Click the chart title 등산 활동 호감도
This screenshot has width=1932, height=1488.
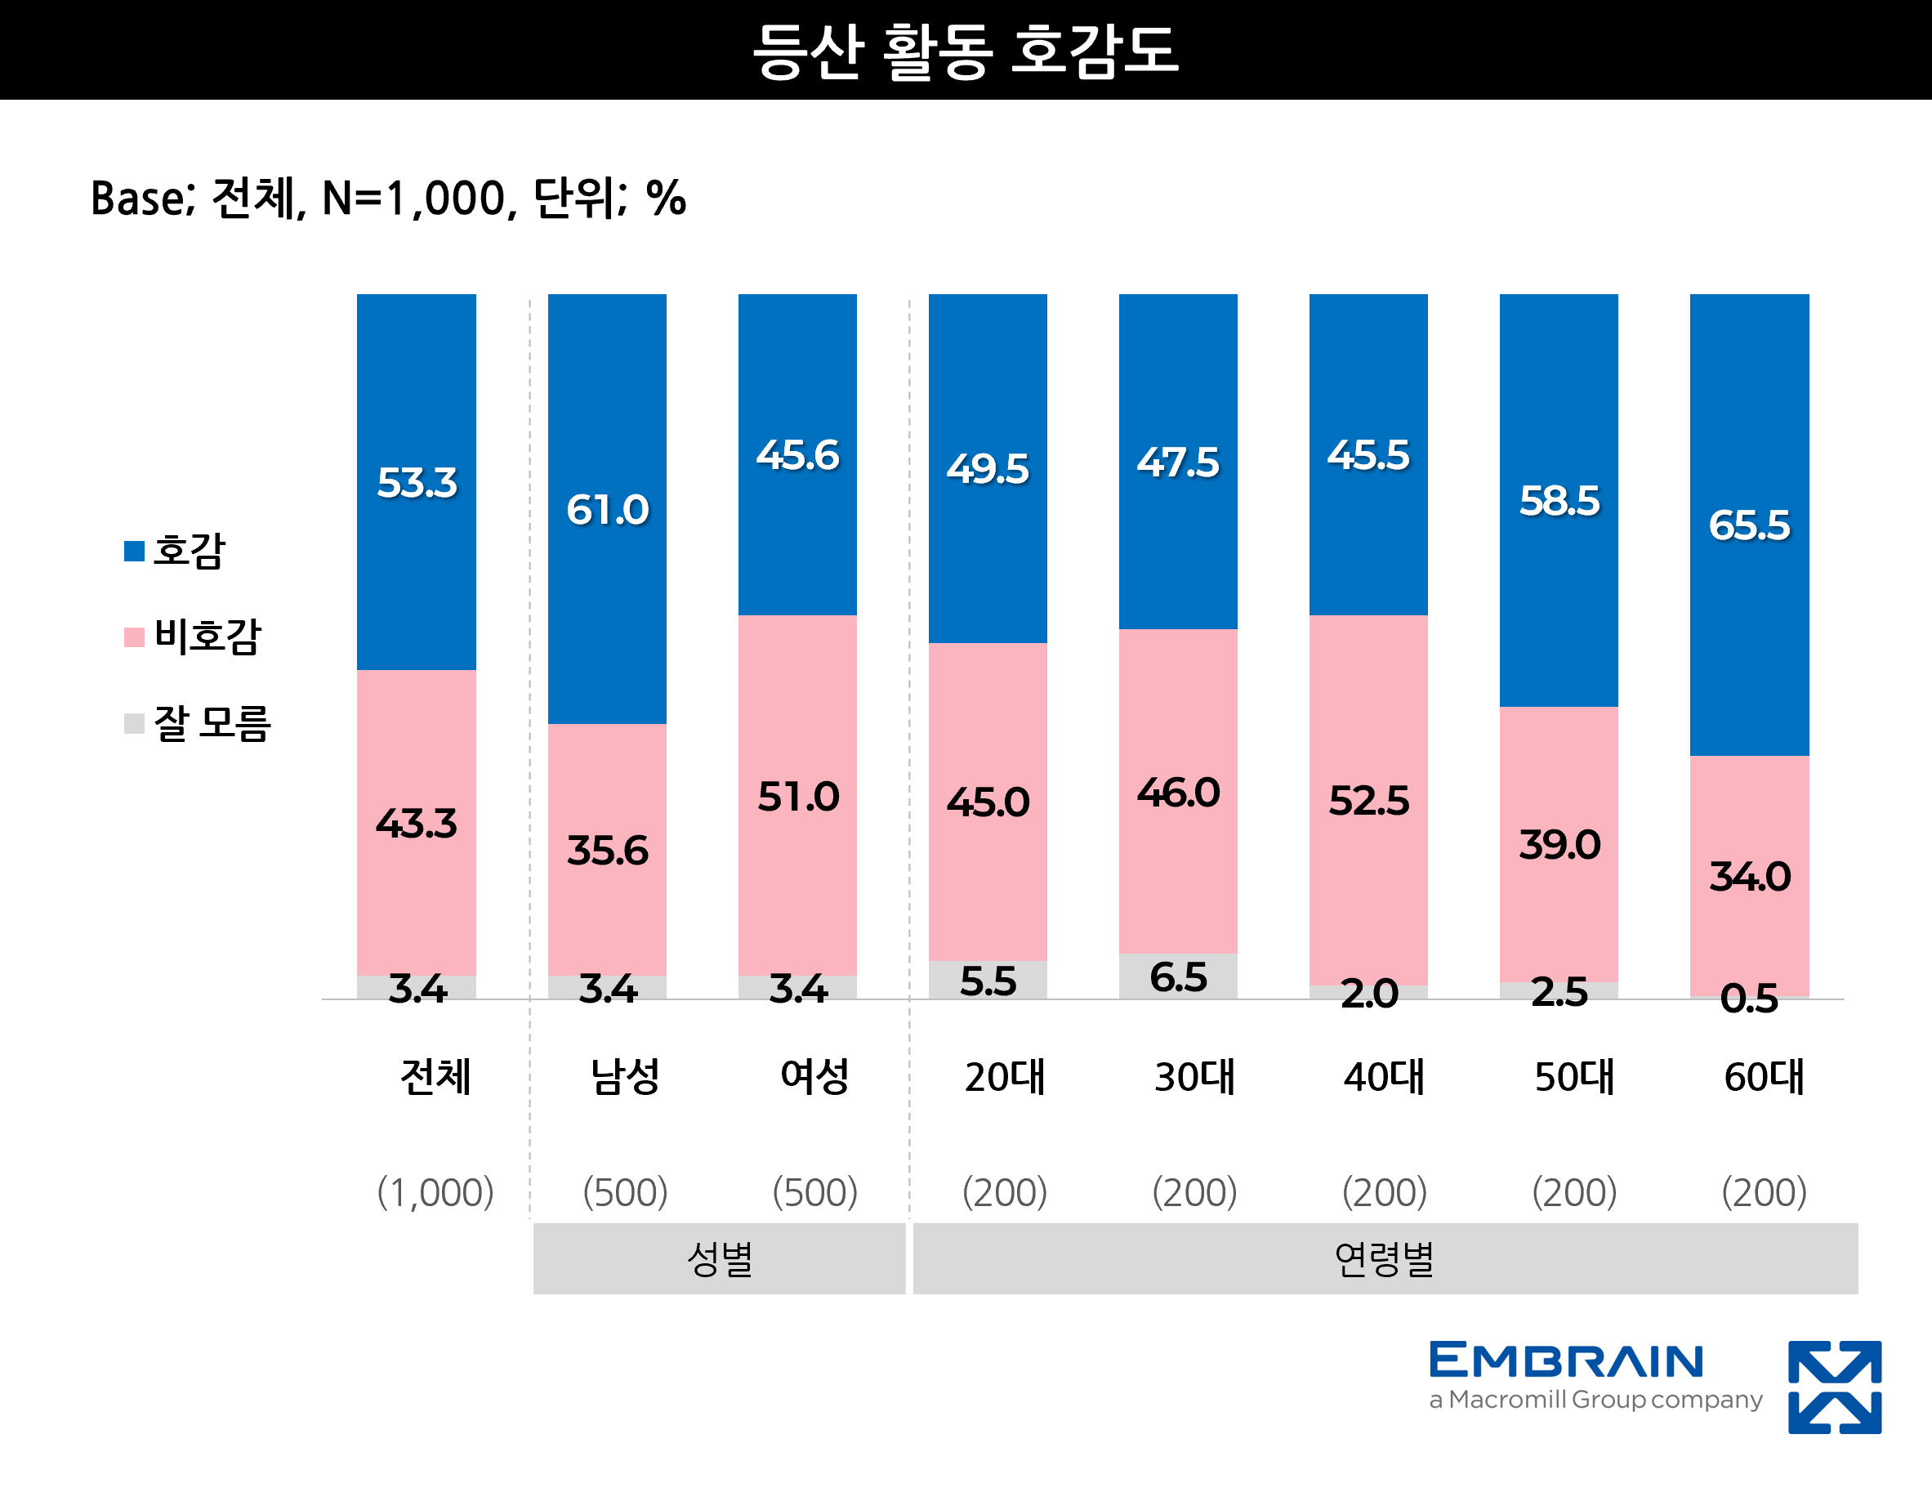tap(965, 51)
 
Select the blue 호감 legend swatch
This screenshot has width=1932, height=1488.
tap(134, 551)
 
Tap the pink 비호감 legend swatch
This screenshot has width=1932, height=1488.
tap(134, 637)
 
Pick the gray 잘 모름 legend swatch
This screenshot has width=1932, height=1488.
tap(134, 724)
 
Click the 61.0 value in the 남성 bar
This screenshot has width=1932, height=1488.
tap(608, 510)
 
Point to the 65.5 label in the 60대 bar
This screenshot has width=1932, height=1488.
tap(1749, 525)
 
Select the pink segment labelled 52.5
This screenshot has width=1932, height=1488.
tap(1368, 800)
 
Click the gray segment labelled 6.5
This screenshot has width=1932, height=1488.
tap(1178, 976)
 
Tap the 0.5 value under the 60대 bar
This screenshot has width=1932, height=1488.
tap(1749, 998)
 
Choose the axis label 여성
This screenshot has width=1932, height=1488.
tap(814, 1077)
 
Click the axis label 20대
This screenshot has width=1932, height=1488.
tap(1005, 1077)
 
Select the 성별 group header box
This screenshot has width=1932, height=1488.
tap(719, 1258)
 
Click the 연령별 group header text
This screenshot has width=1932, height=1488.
tap(1385, 1259)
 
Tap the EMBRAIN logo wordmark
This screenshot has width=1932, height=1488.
tap(1566, 1361)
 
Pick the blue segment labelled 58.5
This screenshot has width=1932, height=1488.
tap(1559, 501)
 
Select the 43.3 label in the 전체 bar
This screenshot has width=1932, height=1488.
tap(417, 824)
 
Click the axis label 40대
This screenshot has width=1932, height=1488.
tap(1385, 1077)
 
